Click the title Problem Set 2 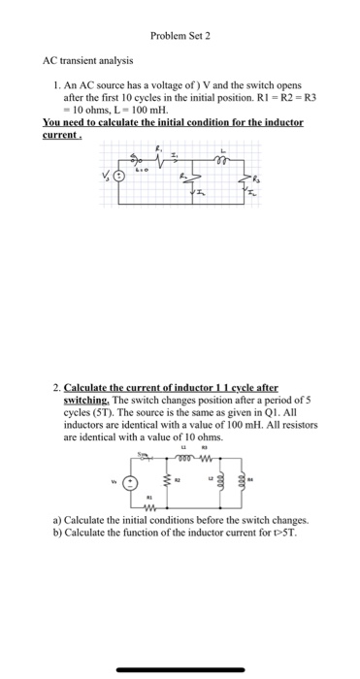(180, 35)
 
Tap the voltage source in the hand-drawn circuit (120, 178)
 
